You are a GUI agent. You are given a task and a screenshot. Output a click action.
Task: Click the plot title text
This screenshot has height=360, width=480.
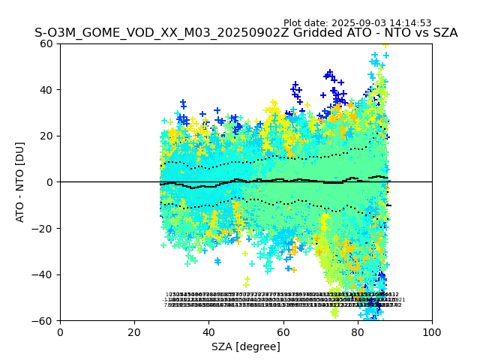click(246, 33)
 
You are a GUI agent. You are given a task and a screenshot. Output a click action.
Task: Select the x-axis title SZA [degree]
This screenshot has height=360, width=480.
click(246, 346)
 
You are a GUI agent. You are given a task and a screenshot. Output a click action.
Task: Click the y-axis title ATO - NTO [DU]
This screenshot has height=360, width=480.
click(20, 181)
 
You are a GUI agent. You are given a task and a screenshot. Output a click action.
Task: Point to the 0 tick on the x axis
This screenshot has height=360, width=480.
click(60, 331)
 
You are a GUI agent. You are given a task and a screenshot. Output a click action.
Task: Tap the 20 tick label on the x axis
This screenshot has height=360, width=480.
click(134, 331)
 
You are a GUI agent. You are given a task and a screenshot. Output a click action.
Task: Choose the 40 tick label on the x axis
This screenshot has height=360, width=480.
click(208, 331)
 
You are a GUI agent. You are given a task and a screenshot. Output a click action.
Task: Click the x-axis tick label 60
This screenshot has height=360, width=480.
click(283, 331)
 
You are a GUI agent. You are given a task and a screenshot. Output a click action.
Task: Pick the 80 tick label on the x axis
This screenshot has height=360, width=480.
click(358, 331)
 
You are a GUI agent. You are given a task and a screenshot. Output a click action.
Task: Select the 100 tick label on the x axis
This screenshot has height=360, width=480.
click(432, 331)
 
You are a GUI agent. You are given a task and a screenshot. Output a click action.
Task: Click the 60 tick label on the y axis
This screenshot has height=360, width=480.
click(46, 43)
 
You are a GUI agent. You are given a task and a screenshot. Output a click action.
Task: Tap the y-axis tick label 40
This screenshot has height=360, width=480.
click(46, 90)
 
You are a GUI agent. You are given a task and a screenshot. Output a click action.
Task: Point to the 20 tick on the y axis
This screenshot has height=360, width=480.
click(46, 136)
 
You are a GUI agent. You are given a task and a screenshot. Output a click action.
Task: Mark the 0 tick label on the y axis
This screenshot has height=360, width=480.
click(50, 182)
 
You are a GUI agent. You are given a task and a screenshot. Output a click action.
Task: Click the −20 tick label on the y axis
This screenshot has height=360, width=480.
click(43, 228)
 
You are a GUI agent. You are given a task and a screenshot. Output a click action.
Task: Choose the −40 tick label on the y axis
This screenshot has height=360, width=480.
click(43, 274)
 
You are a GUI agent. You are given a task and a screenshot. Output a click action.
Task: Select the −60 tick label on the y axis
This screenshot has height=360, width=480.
click(43, 320)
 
